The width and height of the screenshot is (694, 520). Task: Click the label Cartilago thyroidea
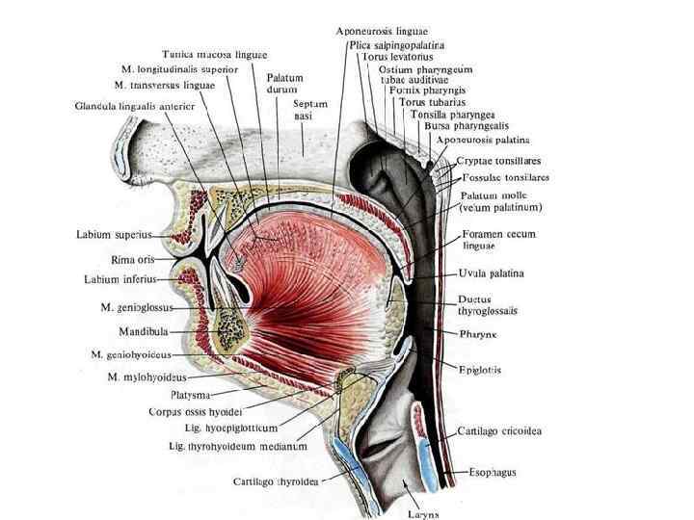pyautogui.click(x=277, y=480)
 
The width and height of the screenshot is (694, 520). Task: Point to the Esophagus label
pyautogui.click(x=493, y=473)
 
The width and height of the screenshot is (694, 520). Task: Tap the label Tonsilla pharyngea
pyautogui.click(x=453, y=114)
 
